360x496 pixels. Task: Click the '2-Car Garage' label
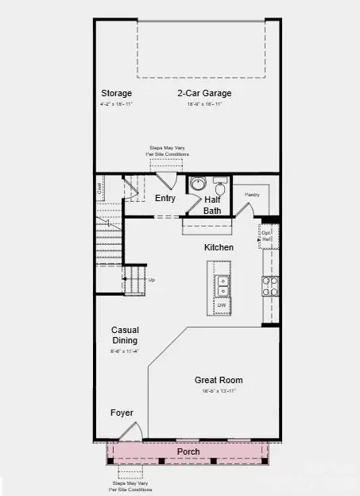point(203,93)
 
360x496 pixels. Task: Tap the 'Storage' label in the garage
point(116,93)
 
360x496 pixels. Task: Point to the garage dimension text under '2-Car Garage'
point(203,104)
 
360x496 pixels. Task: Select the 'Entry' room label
point(165,198)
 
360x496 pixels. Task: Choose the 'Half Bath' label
point(213,204)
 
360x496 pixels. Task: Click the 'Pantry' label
point(253,194)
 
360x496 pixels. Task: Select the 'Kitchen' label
point(219,247)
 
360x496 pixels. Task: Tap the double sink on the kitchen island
point(224,287)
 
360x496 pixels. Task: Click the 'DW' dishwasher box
point(223,305)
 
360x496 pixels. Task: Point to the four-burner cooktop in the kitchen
point(271,286)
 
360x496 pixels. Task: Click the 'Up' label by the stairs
point(151,280)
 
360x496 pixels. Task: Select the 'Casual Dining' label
point(125,335)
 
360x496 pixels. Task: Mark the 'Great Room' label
point(219,380)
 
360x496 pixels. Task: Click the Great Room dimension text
point(219,391)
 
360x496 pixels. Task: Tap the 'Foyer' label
point(122,413)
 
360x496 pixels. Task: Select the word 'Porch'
point(189,451)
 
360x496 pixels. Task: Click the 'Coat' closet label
point(100,189)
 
